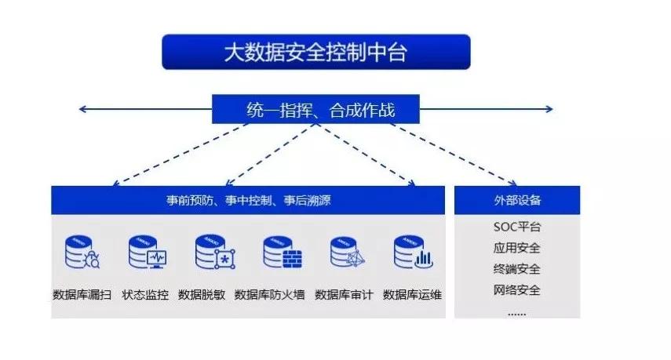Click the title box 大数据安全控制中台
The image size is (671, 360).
[x=315, y=53]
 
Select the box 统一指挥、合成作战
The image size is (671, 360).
[x=315, y=109]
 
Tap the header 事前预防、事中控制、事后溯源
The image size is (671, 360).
[x=248, y=201]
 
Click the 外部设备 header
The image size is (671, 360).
[x=517, y=200]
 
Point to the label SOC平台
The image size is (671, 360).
[x=517, y=227]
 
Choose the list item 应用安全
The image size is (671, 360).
[x=517, y=249]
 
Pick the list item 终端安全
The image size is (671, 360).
[x=517, y=269]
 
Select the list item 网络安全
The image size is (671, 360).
[x=517, y=290]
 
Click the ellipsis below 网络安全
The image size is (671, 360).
[x=517, y=310]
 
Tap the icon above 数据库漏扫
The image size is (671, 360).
[x=82, y=253]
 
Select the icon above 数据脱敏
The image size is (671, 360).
[x=213, y=253]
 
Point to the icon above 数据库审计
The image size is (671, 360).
[x=346, y=253]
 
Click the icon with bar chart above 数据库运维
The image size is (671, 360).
[x=413, y=253]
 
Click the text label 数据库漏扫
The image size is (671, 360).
[x=82, y=296]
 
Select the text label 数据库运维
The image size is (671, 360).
[x=412, y=296]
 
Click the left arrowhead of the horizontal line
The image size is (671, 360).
[x=82, y=109]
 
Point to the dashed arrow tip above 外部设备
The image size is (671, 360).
[x=514, y=181]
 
